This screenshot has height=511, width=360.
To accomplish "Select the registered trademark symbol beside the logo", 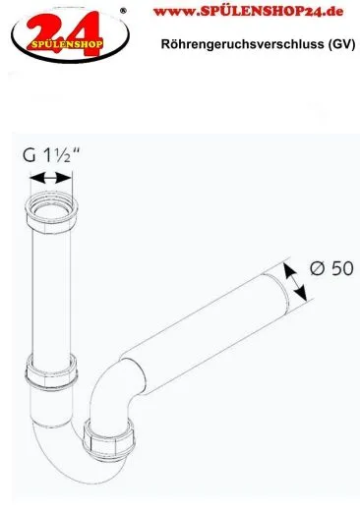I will coord(122,11).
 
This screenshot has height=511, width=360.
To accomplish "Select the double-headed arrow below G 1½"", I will coord(51,178).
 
